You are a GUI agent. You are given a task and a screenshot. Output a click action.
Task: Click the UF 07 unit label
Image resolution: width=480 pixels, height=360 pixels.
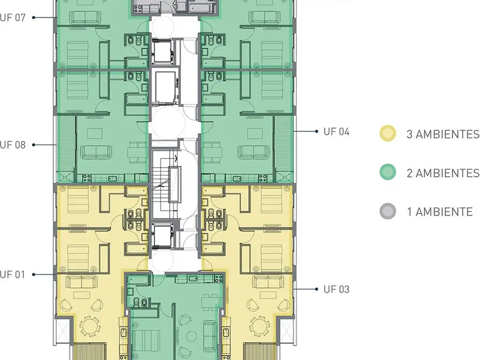pos(13,17)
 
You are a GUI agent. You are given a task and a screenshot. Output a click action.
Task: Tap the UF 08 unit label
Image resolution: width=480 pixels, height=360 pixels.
pos(13,145)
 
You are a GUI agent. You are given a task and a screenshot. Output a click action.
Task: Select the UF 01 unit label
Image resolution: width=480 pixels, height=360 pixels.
pos(13,275)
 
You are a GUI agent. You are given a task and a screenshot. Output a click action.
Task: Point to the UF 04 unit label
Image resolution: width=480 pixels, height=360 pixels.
pos(337,132)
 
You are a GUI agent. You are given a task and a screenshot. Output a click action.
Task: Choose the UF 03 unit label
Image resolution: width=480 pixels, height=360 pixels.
pos(337,289)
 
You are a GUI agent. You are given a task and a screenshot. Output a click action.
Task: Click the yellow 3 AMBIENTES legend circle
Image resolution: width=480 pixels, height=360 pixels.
pos(388,134)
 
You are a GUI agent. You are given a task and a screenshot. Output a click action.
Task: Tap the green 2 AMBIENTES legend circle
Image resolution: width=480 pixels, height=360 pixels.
pos(388,172)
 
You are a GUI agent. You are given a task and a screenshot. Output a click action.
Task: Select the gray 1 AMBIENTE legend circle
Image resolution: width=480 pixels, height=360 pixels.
pos(388,211)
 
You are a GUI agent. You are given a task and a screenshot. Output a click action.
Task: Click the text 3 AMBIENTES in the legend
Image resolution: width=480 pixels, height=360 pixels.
pos(443,134)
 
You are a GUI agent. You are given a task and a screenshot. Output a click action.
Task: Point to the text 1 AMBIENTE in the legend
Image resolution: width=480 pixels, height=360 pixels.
pos(440,212)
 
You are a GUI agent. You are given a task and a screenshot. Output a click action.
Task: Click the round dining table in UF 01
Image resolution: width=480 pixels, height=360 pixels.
pos(90,326)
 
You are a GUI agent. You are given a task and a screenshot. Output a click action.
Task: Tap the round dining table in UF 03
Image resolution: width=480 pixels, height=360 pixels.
pos(259,326)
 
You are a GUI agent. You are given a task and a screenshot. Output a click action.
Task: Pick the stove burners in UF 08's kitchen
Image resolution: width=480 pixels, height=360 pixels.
pos(87,178)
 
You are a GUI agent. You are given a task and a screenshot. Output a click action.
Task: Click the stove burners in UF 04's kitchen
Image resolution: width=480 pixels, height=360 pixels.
pos(262,178)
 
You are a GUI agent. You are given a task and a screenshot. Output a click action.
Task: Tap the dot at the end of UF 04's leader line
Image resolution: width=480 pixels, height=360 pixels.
pos(316,131)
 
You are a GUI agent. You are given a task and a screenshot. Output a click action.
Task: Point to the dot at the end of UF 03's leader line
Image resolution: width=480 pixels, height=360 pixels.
pos(316,289)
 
